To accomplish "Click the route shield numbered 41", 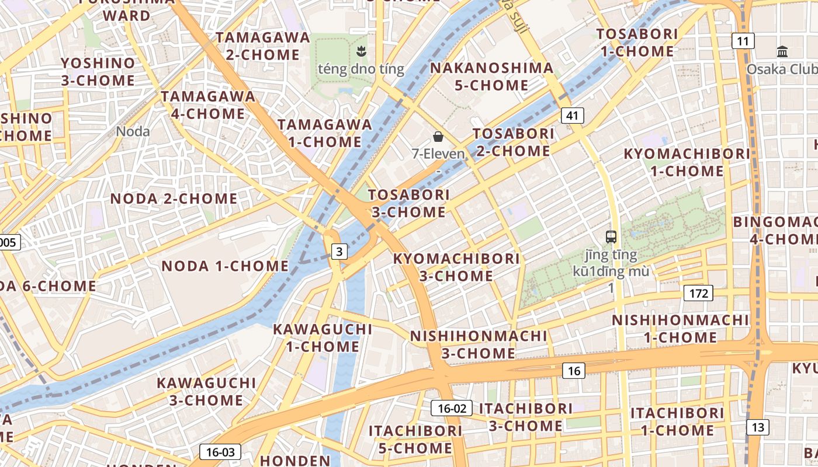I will click(572, 116).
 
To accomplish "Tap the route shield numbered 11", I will click(743, 41).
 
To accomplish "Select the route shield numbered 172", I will click(698, 293).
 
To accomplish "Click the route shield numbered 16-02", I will click(452, 408).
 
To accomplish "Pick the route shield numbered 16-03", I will click(220, 452).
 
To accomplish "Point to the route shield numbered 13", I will click(758, 427).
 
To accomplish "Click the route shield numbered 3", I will click(339, 252).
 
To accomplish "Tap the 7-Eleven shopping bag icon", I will click(438, 137).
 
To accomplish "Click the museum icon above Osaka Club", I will click(782, 52).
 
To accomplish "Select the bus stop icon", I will click(611, 237).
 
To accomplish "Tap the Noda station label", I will click(133, 131).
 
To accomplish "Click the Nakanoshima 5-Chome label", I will click(491, 76).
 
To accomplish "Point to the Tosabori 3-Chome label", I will click(409, 203).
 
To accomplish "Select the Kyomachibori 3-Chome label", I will click(456, 267).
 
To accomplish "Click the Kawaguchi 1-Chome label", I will click(323, 338).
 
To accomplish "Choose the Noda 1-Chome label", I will click(225, 266).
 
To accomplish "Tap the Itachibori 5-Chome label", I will click(415, 440).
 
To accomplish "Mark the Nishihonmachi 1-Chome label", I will click(680, 329).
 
